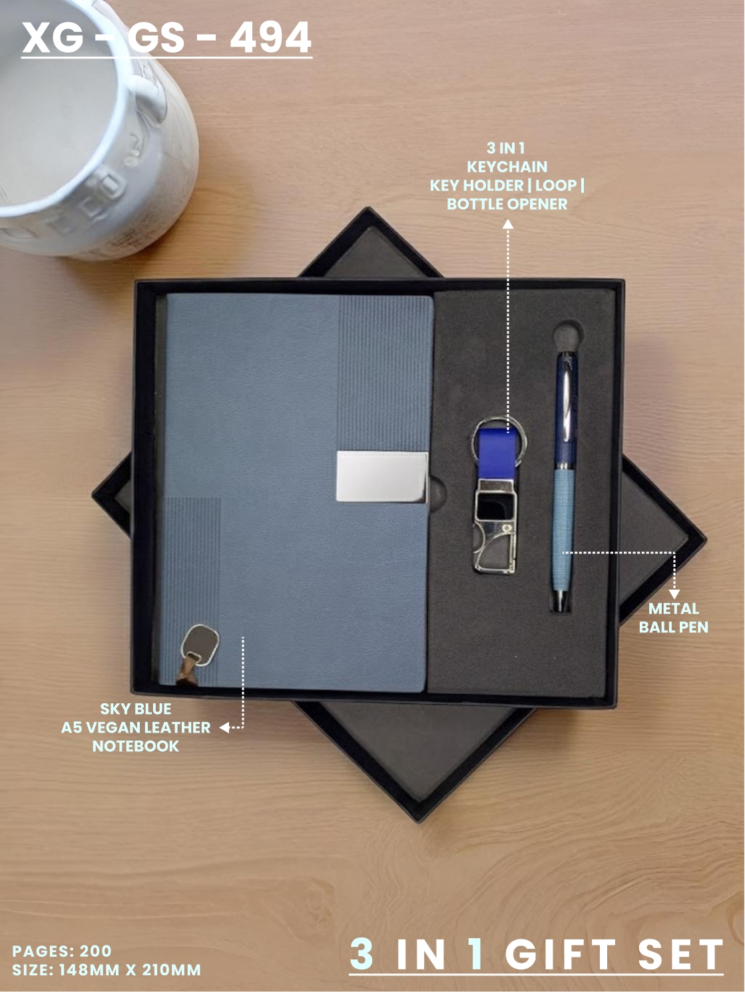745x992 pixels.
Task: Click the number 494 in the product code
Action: click(x=270, y=37)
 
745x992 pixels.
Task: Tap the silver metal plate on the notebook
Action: click(x=382, y=476)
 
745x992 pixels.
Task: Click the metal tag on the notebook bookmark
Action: click(x=200, y=645)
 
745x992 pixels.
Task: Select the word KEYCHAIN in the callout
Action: click(x=507, y=167)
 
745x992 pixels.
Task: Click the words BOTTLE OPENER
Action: click(x=507, y=204)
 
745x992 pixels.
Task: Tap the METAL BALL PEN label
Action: click(x=673, y=618)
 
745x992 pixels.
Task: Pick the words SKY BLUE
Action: click(x=136, y=709)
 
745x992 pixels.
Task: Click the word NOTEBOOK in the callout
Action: click(x=136, y=746)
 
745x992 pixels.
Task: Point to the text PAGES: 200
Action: click(x=61, y=951)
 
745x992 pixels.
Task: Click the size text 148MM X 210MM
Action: click(x=130, y=970)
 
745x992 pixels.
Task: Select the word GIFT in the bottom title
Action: click(x=561, y=954)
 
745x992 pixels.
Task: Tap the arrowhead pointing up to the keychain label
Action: click(x=508, y=224)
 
